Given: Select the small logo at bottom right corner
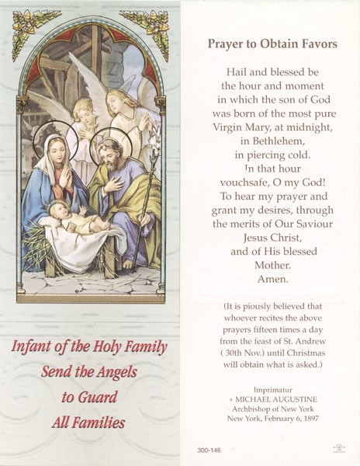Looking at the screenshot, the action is pos(338,448).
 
